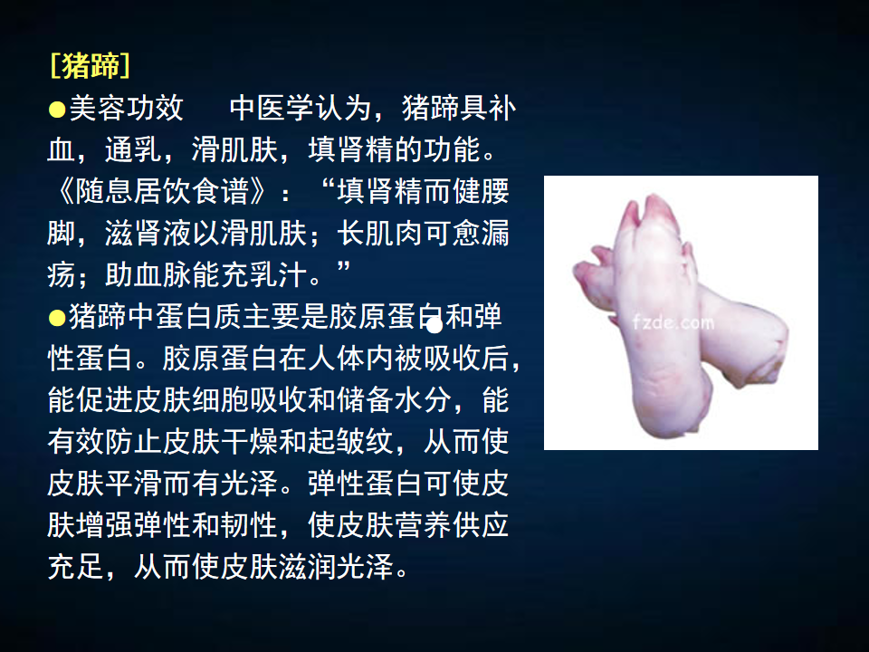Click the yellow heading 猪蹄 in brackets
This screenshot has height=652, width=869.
(91, 66)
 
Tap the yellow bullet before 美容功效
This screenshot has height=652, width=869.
(57, 110)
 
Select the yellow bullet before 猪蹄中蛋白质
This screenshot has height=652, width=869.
(57, 318)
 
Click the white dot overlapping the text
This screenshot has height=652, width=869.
(434, 326)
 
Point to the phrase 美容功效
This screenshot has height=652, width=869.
(127, 108)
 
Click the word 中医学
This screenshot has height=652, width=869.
(272, 108)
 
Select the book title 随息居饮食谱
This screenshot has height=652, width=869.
(162, 191)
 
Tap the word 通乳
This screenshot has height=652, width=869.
(134, 149)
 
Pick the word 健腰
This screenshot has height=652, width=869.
(481, 191)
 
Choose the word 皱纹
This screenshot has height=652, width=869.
(365, 442)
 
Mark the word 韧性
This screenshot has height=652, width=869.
(249, 525)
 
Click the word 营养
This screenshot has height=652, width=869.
(423, 525)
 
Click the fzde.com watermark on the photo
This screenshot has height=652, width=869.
(673, 322)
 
